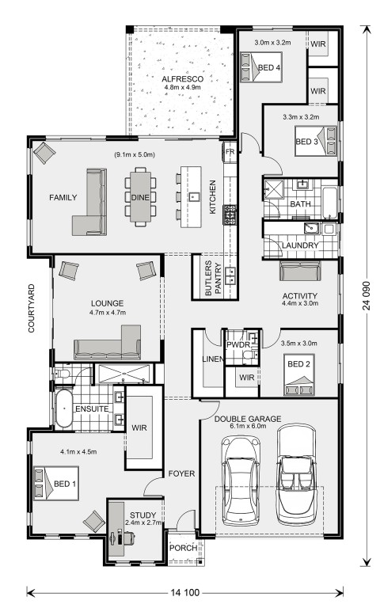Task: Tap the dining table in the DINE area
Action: (x=140, y=197)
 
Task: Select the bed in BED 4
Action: (x=260, y=67)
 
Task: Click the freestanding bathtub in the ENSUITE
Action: (x=63, y=408)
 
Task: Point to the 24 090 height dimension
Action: (x=367, y=295)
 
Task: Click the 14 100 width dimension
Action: (x=185, y=592)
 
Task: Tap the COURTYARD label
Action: (x=32, y=308)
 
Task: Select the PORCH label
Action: (x=183, y=548)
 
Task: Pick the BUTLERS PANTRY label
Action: (x=213, y=278)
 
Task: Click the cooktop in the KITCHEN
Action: (x=230, y=215)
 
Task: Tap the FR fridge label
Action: (x=230, y=152)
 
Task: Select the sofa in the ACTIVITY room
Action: (x=300, y=271)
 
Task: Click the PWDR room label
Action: (x=238, y=344)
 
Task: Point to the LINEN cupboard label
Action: (x=213, y=359)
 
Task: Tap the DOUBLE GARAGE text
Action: (x=248, y=419)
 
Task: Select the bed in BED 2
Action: (x=299, y=374)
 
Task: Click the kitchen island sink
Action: (x=193, y=197)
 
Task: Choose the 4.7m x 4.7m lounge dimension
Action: (x=108, y=312)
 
